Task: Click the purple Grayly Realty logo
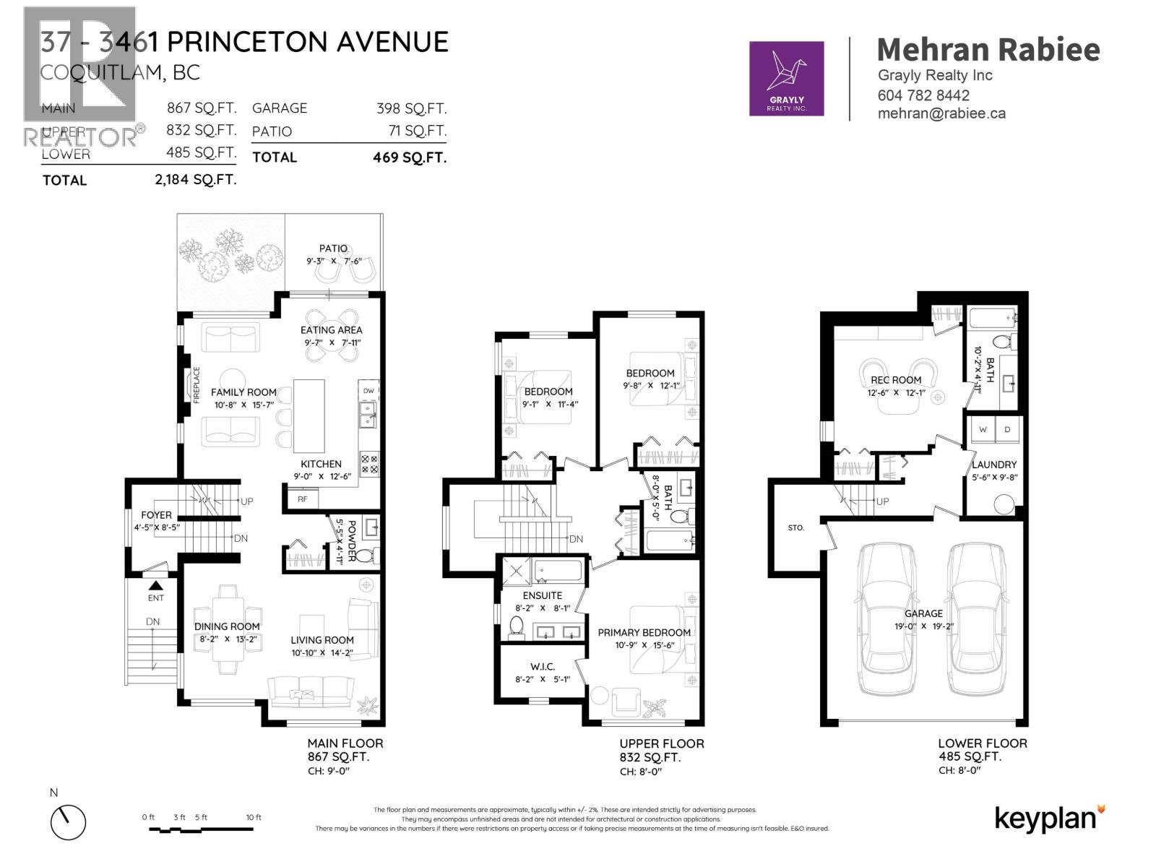(786, 78)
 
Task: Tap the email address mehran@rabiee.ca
(941, 113)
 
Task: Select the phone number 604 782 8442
(923, 95)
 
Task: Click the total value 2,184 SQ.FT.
(195, 180)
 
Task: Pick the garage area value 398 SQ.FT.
(411, 108)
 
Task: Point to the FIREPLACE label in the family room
(196, 384)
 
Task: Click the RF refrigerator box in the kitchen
(303, 499)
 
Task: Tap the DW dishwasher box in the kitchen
(368, 391)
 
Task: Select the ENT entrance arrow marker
(156, 587)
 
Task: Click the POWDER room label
(352, 541)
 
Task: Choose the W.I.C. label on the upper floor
(542, 666)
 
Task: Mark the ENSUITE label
(542, 595)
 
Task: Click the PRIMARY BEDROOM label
(644, 632)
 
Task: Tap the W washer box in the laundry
(983, 429)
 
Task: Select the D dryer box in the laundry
(1008, 429)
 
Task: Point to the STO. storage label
(795, 527)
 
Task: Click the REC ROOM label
(896, 380)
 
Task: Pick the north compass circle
(68, 822)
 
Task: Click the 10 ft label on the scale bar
(254, 817)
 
